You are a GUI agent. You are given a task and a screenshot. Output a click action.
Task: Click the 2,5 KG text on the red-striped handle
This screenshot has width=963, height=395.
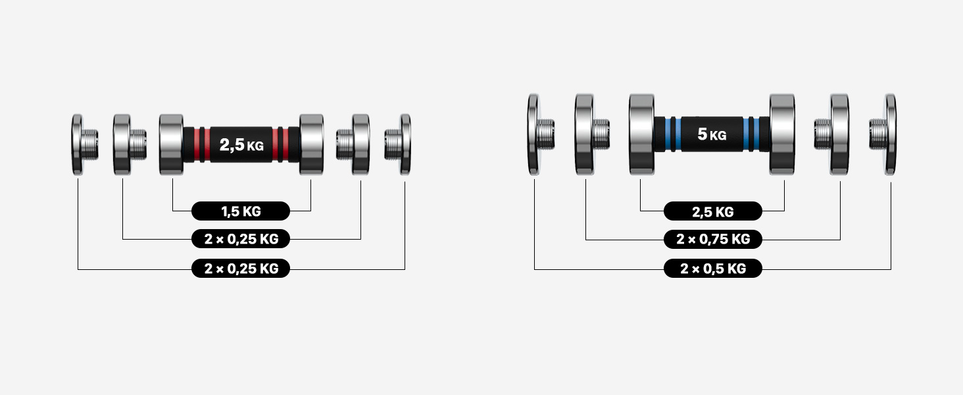click(x=241, y=145)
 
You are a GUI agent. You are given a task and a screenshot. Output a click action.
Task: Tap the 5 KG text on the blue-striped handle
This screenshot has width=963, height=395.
click(x=712, y=134)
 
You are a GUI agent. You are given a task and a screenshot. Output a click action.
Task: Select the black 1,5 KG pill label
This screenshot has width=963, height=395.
click(x=241, y=211)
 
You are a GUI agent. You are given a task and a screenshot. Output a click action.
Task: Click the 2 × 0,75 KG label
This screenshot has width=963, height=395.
click(x=713, y=239)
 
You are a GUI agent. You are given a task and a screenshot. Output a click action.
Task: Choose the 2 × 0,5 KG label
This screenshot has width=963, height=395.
click(x=713, y=269)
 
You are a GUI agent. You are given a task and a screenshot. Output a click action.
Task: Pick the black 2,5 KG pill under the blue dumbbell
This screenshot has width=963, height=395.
click(x=713, y=211)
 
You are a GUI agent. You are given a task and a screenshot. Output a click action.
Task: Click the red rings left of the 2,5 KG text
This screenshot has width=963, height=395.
click(x=202, y=145)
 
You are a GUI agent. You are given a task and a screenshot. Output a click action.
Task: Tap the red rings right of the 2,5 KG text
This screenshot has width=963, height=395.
click(x=281, y=145)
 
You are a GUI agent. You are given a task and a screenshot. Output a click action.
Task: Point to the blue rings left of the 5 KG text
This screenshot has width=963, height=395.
click(x=673, y=134)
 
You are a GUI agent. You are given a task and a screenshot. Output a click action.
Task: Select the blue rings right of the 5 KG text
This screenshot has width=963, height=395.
click(x=751, y=134)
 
